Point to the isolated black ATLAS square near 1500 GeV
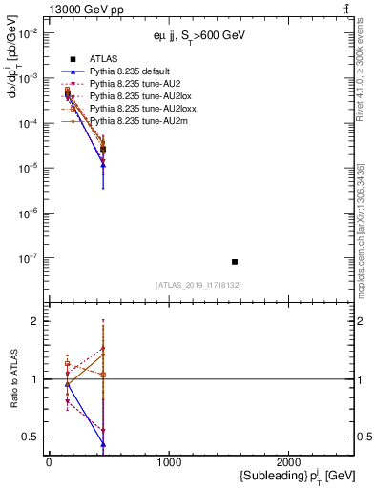click(x=235, y=261)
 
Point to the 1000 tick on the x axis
click(x=169, y=463)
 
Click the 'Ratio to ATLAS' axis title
click(x=13, y=379)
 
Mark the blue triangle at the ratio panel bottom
click(x=103, y=444)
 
